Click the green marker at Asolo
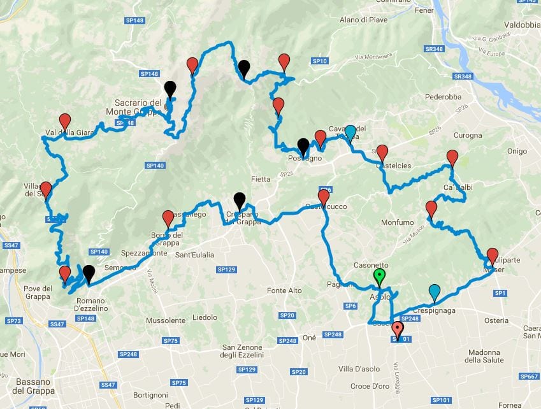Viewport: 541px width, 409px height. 380,277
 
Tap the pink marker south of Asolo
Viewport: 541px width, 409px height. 398,329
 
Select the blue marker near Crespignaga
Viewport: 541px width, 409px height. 435,292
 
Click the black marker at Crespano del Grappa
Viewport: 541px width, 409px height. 239,200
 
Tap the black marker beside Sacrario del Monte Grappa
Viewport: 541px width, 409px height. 170,89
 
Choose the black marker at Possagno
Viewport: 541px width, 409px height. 303,147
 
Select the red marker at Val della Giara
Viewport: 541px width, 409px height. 65,121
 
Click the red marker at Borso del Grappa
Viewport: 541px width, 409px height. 168,219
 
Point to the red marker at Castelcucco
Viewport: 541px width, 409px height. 324,197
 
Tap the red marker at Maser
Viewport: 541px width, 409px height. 492,256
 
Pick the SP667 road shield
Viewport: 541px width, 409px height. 529,376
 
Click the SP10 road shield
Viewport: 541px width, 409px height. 320,61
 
